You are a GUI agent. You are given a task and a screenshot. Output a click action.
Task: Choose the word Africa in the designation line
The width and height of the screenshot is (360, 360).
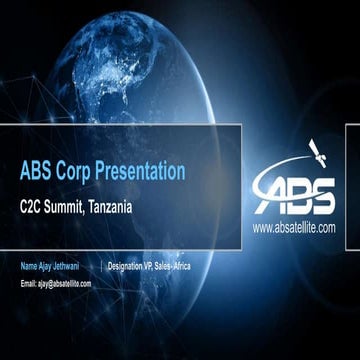click(x=206, y=267)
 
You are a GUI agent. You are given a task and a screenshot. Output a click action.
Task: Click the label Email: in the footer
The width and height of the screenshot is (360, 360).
click(x=29, y=284)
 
